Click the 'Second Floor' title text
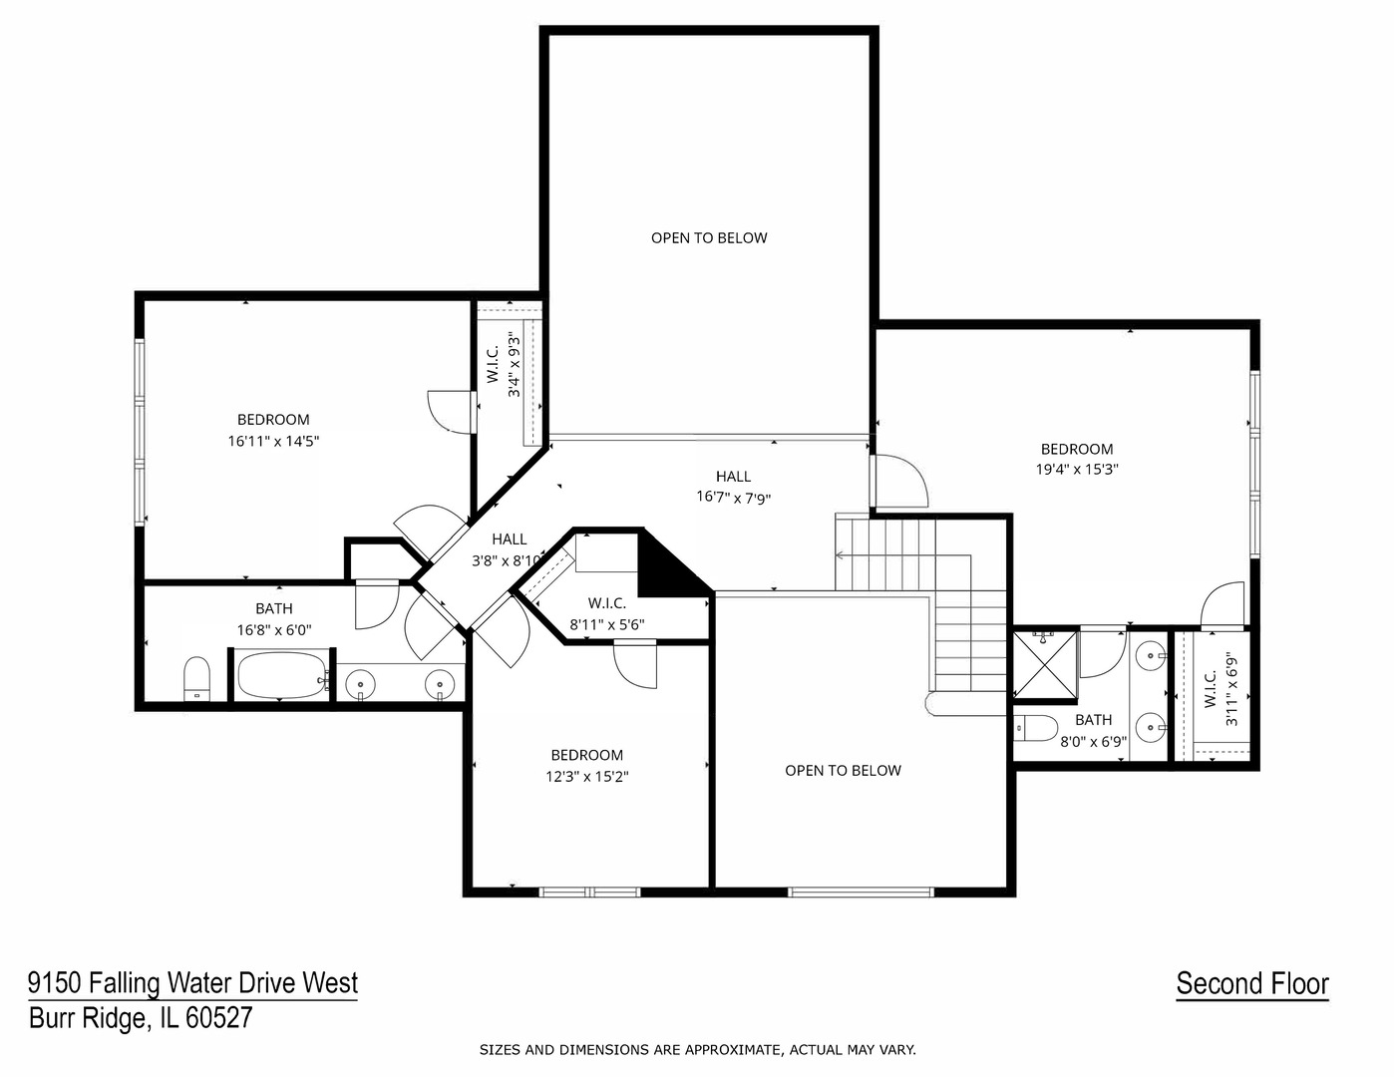[x=1251, y=984]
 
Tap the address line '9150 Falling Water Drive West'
[x=192, y=983]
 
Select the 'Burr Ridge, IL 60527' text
[x=141, y=1018]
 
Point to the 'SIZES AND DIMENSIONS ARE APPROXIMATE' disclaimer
[x=697, y=1049]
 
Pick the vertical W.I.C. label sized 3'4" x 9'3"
[x=504, y=365]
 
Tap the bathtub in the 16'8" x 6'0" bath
[x=282, y=676]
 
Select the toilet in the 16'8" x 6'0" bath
[x=196, y=678]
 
